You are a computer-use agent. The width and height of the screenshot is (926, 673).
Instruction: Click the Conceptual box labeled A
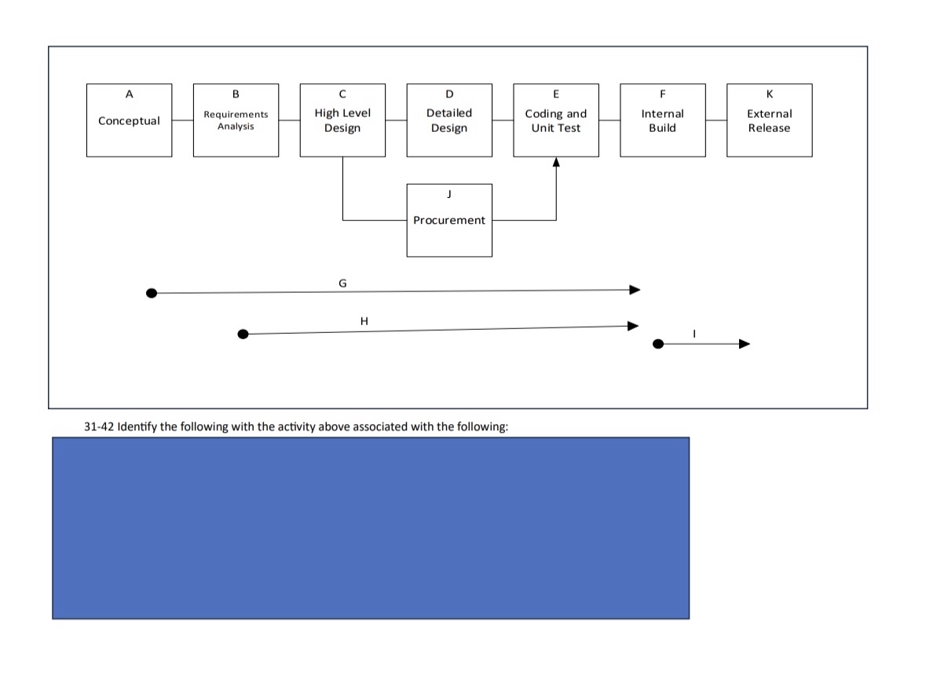129,120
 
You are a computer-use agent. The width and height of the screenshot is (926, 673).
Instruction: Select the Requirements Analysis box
236,120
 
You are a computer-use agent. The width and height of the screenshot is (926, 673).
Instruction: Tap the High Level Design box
342,120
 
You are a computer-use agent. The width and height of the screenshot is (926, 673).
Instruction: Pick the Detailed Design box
449,120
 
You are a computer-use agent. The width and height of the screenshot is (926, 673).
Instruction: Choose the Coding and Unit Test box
556,120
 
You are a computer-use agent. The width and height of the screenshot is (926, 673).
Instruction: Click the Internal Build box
662,120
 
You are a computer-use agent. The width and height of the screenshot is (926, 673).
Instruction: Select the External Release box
769,120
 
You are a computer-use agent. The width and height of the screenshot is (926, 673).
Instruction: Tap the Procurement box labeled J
449,220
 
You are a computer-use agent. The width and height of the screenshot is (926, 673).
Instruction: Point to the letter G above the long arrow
342,282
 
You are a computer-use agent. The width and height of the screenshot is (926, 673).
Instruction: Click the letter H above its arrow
364,320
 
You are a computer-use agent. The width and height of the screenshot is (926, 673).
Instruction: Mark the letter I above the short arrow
694,334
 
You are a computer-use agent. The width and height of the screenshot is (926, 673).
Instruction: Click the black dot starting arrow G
152,293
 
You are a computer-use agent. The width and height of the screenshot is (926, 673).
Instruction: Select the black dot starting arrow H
243,334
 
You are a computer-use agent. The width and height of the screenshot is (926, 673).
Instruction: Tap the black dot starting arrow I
658,344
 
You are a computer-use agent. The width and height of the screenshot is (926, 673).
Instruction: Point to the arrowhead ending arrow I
744,344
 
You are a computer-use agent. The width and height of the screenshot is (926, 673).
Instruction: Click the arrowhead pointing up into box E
556,163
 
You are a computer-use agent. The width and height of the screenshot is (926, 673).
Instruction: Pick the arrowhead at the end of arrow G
635,290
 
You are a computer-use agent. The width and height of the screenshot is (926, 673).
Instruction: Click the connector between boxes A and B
182,120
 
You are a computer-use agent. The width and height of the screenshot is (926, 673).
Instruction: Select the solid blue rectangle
371,528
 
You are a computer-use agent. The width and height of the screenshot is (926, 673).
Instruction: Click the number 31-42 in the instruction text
97,426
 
